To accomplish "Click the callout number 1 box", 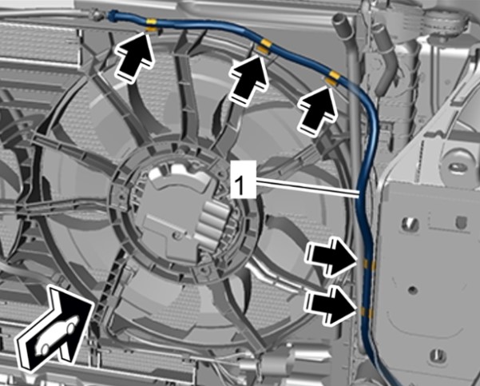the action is click(243, 179).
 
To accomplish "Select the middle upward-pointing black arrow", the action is click(248, 79).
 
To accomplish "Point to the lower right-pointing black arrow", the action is click(331, 304).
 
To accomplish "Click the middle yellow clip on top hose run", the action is click(264, 46).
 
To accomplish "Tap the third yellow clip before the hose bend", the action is click(331, 78).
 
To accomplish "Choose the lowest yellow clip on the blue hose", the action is click(367, 312).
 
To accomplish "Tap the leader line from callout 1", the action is click(307, 188).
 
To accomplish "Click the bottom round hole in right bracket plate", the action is click(438, 355).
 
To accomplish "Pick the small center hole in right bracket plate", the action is click(413, 289).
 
